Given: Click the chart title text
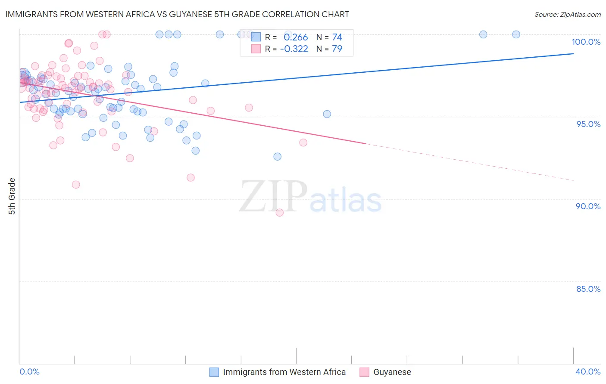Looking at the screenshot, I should [177, 14].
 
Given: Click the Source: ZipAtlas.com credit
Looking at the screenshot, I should [567, 15].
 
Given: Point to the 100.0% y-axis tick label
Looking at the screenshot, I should [586, 42].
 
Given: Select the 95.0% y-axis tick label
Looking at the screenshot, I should [588, 124].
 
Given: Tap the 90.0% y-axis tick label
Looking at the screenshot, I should [588, 206].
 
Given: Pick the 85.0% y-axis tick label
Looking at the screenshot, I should [588, 289].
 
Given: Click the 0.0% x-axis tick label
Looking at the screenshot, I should [29, 372].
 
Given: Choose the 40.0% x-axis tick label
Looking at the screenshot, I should [587, 372].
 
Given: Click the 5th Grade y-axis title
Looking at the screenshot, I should [12, 196].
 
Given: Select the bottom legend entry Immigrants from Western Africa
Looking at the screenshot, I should [284, 372].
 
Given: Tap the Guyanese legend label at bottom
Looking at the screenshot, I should [392, 372].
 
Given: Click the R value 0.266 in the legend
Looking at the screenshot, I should [296, 37].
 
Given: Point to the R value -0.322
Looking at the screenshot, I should [294, 49].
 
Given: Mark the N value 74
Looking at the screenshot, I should [337, 37].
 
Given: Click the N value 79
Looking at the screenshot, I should [337, 49].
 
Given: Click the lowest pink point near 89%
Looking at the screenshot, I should [279, 212].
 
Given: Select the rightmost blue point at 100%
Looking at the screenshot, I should [516, 34].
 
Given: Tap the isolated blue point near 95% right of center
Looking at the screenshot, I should [327, 114].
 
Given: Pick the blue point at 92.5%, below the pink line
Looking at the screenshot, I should [278, 157].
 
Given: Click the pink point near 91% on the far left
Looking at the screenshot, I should [76, 185].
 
